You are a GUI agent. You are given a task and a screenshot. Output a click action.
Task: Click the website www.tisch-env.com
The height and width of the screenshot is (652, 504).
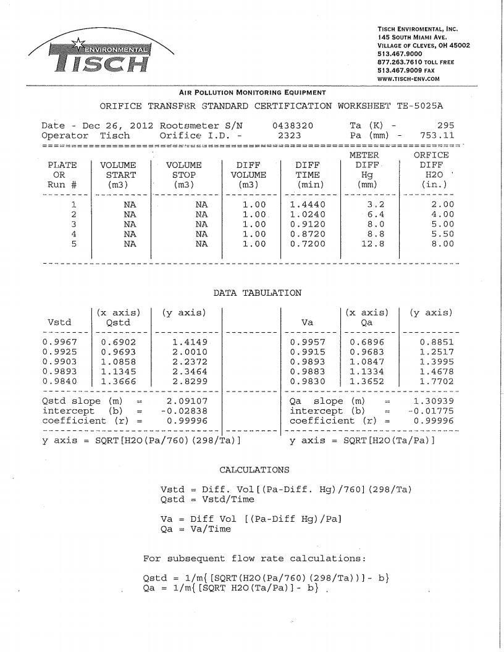pyautogui.click(x=408, y=79)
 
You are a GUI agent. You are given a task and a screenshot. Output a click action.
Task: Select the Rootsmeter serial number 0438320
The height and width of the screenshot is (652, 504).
pyautogui.click(x=292, y=125)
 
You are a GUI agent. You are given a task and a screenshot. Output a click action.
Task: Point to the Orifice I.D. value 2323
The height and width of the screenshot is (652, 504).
pyautogui.click(x=289, y=135)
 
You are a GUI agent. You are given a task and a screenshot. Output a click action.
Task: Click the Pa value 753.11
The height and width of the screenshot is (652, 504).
pyautogui.click(x=437, y=135)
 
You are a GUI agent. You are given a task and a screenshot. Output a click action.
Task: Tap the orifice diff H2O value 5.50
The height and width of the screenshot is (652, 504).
pyautogui.click(x=441, y=234)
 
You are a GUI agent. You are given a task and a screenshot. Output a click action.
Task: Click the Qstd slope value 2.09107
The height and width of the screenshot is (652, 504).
pyautogui.click(x=186, y=401)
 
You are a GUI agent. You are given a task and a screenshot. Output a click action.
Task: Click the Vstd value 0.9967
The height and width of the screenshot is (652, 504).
pyautogui.click(x=59, y=341)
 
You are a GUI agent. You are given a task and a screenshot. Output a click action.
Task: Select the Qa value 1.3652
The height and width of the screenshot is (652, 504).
pyautogui.click(x=367, y=381)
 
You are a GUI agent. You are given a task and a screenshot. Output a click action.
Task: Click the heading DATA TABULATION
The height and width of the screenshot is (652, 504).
pyautogui.click(x=257, y=293)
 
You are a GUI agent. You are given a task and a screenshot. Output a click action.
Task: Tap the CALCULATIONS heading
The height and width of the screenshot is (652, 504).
pyautogui.click(x=254, y=470)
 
